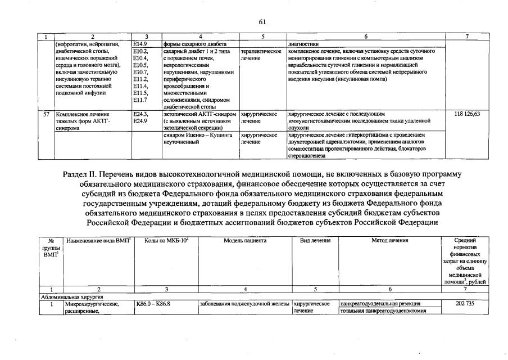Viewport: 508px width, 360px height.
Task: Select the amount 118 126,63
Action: pyautogui.click(x=466, y=114)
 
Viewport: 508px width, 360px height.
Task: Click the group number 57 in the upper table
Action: pyautogui.click(x=47, y=114)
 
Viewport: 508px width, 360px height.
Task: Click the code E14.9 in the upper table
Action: pyautogui.click(x=139, y=42)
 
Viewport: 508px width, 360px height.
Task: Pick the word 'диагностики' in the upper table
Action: pyautogui.click(x=303, y=42)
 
